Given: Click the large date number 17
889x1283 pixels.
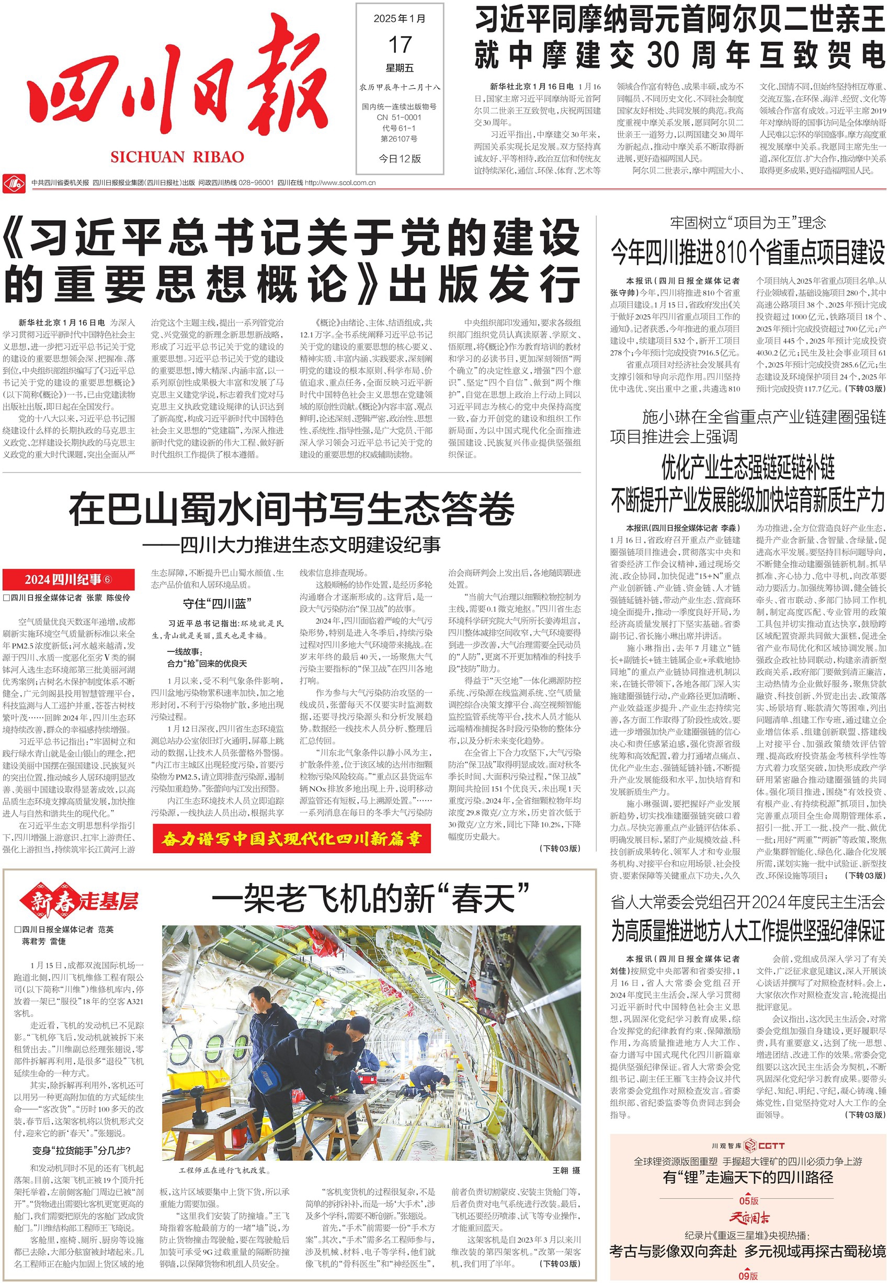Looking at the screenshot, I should click(x=400, y=44).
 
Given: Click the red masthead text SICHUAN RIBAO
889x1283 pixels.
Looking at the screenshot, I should click(x=177, y=157).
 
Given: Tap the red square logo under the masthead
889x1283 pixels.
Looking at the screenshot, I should click(x=15, y=182).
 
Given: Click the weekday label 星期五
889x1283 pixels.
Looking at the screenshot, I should click(x=400, y=68).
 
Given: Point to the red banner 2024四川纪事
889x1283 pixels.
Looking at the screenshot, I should click(x=68, y=579).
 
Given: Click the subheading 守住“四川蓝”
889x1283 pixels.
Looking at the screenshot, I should click(x=218, y=603).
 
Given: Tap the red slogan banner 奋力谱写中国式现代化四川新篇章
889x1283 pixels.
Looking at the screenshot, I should click(x=291, y=839).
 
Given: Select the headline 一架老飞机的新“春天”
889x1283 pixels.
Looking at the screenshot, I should click(x=370, y=898).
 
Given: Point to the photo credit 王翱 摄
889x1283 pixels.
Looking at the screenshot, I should click(x=566, y=1171).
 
